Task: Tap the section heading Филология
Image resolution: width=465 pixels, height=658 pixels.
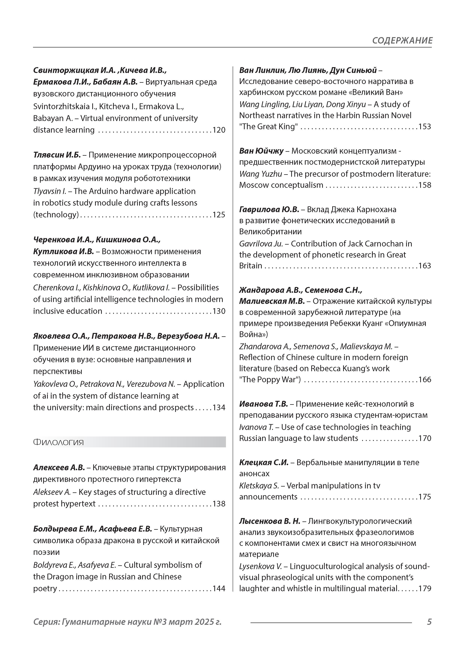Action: (58, 442)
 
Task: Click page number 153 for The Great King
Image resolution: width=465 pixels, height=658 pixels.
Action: (425, 127)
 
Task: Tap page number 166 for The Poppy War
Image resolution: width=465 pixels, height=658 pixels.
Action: (425, 380)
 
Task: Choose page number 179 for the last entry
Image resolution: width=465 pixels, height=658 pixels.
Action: (425, 589)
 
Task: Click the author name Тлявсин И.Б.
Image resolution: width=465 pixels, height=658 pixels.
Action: (57, 155)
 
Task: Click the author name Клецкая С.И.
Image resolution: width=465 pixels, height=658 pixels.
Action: (264, 463)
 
